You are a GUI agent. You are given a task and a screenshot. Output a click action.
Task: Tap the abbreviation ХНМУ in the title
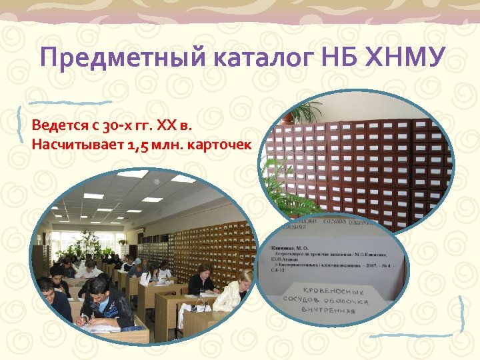405,57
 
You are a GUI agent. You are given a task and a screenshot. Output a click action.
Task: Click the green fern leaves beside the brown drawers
283,187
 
